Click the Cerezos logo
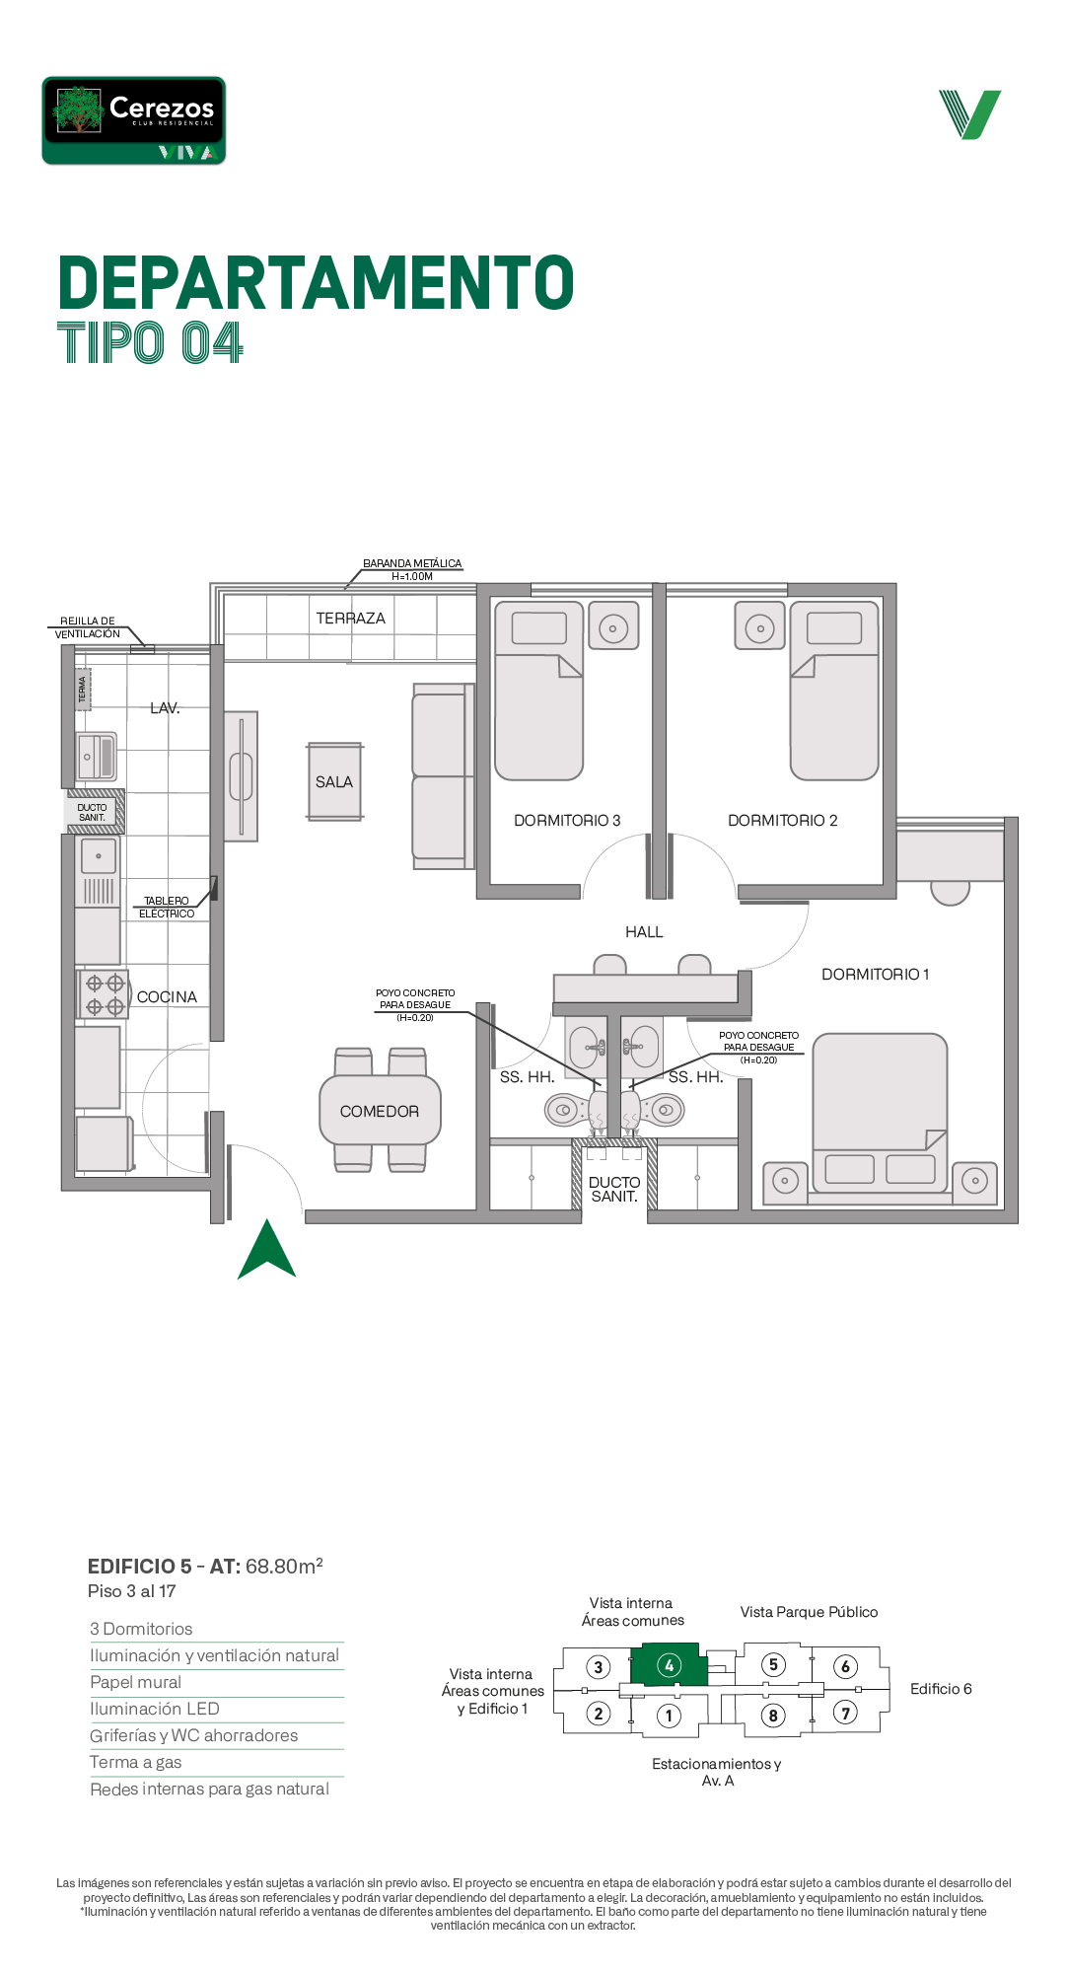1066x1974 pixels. tap(134, 120)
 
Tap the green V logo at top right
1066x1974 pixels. tap(970, 114)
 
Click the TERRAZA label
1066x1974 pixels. tap(350, 619)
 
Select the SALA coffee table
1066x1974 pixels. tap(334, 781)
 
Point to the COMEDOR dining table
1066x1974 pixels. tap(380, 1110)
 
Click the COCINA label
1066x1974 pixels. tap(167, 997)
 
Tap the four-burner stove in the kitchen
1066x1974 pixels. tap(104, 994)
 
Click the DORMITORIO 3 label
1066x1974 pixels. tap(567, 821)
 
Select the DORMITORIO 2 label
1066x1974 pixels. tap(783, 821)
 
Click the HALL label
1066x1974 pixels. tap(644, 932)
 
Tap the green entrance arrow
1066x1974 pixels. tap(266, 1249)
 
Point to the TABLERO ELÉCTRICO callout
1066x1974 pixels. tap(167, 908)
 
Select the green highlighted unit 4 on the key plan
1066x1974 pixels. tap(670, 1665)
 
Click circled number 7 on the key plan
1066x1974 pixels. tap(845, 1713)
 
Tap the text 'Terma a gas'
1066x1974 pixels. tap(136, 1762)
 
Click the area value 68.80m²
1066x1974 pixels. tap(284, 1566)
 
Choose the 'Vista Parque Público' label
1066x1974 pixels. tap(809, 1612)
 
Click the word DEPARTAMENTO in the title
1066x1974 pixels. tap(317, 283)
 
